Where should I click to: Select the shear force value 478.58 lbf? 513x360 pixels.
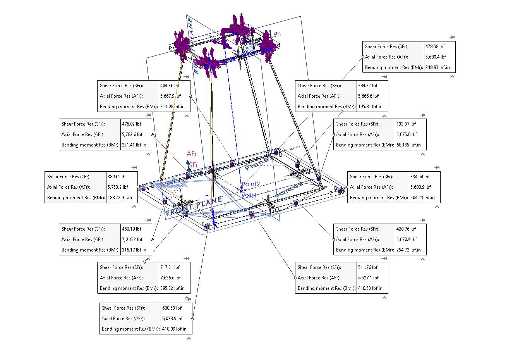coord(435,47)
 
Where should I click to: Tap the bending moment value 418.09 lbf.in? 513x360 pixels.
coord(174,329)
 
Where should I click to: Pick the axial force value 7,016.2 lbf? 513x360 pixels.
coord(132,239)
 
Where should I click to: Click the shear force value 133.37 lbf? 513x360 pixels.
coord(406,124)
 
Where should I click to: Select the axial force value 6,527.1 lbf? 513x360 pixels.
coord(368,278)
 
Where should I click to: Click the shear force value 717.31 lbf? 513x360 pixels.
coord(170,267)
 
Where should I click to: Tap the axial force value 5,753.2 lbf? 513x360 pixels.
coord(118,187)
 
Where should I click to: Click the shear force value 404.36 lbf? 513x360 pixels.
coord(170,86)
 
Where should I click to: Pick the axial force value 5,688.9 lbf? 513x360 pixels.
coord(420,187)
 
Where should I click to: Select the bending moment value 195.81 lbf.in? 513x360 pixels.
coord(370,107)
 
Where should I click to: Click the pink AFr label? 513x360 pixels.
coord(192,154)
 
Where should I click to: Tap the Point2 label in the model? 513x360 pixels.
coord(250,184)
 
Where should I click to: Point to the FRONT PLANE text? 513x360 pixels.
coord(194,207)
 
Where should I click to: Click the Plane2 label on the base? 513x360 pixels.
coord(258,164)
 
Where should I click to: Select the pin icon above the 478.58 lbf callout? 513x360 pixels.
coord(452,37)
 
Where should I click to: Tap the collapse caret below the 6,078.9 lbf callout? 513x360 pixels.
coord(189,338)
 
